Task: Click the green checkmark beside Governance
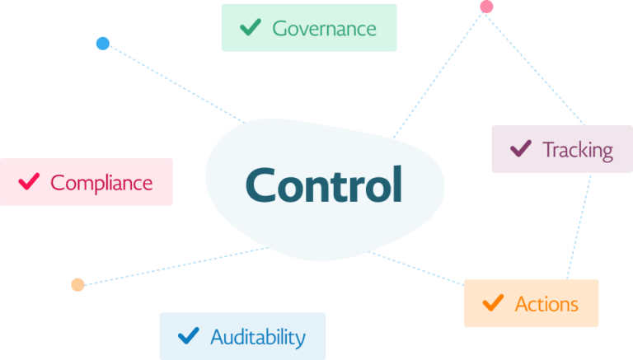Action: (251, 28)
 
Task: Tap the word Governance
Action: (324, 29)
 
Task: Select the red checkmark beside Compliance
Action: (30, 181)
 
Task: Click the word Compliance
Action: (101, 182)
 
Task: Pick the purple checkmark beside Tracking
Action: (520, 149)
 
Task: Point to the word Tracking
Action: (577, 150)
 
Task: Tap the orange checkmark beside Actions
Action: (493, 303)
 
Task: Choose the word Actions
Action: (546, 304)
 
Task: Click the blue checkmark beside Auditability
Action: (188, 335)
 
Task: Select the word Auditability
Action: (257, 337)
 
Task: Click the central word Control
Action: (324, 185)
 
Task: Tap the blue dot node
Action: (102, 43)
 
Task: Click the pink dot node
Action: (486, 7)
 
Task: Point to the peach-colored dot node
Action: (77, 284)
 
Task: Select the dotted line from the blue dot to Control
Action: (173, 83)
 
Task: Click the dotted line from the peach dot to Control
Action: (173, 266)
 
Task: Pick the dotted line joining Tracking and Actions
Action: (579, 227)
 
